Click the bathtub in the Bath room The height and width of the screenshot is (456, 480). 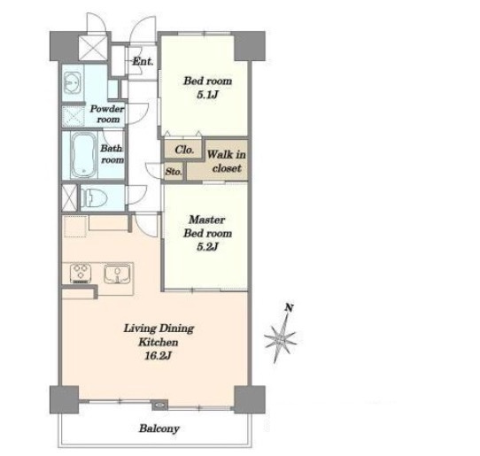[83, 155]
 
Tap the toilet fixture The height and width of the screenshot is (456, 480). [93, 197]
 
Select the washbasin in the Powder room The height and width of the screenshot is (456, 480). [74, 82]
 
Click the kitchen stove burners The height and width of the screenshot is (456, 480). [81, 274]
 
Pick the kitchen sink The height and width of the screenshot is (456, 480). [117, 274]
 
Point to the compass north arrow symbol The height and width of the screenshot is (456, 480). [281, 337]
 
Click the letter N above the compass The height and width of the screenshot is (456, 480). [289, 307]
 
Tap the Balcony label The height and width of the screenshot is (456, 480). [159, 429]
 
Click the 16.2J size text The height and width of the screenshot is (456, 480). [158, 356]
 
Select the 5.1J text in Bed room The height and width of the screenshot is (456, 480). [207, 95]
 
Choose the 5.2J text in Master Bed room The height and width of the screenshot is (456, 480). [207, 246]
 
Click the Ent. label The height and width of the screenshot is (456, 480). [143, 61]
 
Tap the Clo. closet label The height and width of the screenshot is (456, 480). [184, 150]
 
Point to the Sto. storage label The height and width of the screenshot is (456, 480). [174, 172]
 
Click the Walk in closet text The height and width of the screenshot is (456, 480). [227, 161]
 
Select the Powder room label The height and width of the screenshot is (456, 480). [107, 114]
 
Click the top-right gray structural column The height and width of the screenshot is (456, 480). [250, 46]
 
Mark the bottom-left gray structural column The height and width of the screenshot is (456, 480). [65, 399]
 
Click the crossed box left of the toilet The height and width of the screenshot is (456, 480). [69, 197]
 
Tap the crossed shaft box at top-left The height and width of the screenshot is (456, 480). [93, 48]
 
